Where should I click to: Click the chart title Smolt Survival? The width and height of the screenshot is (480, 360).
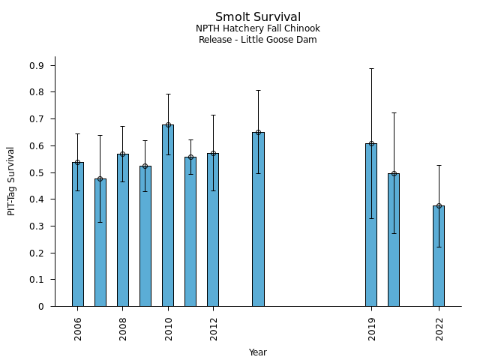tap(257, 17)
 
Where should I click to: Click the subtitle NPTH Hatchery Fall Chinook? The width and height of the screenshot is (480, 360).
tap(257, 28)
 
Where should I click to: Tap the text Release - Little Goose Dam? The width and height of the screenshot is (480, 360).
tap(257, 40)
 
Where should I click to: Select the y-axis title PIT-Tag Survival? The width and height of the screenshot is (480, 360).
tap(11, 181)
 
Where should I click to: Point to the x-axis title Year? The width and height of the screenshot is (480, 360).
tap(257, 352)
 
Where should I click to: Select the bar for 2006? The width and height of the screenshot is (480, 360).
tap(78, 234)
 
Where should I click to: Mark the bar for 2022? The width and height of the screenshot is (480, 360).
tap(439, 256)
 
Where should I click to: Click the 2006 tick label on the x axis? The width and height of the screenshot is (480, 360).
tap(78, 328)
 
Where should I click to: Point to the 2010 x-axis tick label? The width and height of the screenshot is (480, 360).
tap(168, 328)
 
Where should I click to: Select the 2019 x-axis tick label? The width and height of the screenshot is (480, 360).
tap(371, 328)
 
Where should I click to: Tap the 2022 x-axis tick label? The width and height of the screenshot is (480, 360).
tap(439, 328)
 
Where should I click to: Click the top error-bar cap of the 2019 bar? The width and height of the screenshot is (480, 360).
tap(371, 68)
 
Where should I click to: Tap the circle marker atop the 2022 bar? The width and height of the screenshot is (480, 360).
tap(439, 205)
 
